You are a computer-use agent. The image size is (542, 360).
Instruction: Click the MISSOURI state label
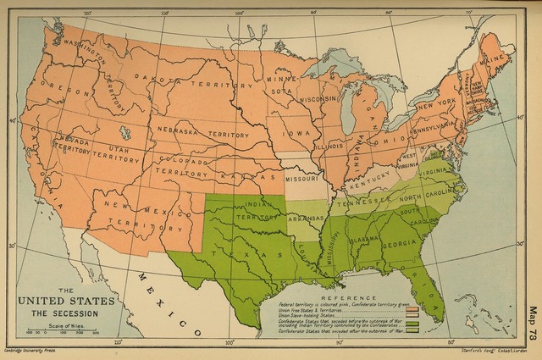302,180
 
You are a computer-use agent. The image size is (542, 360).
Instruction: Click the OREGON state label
53,83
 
